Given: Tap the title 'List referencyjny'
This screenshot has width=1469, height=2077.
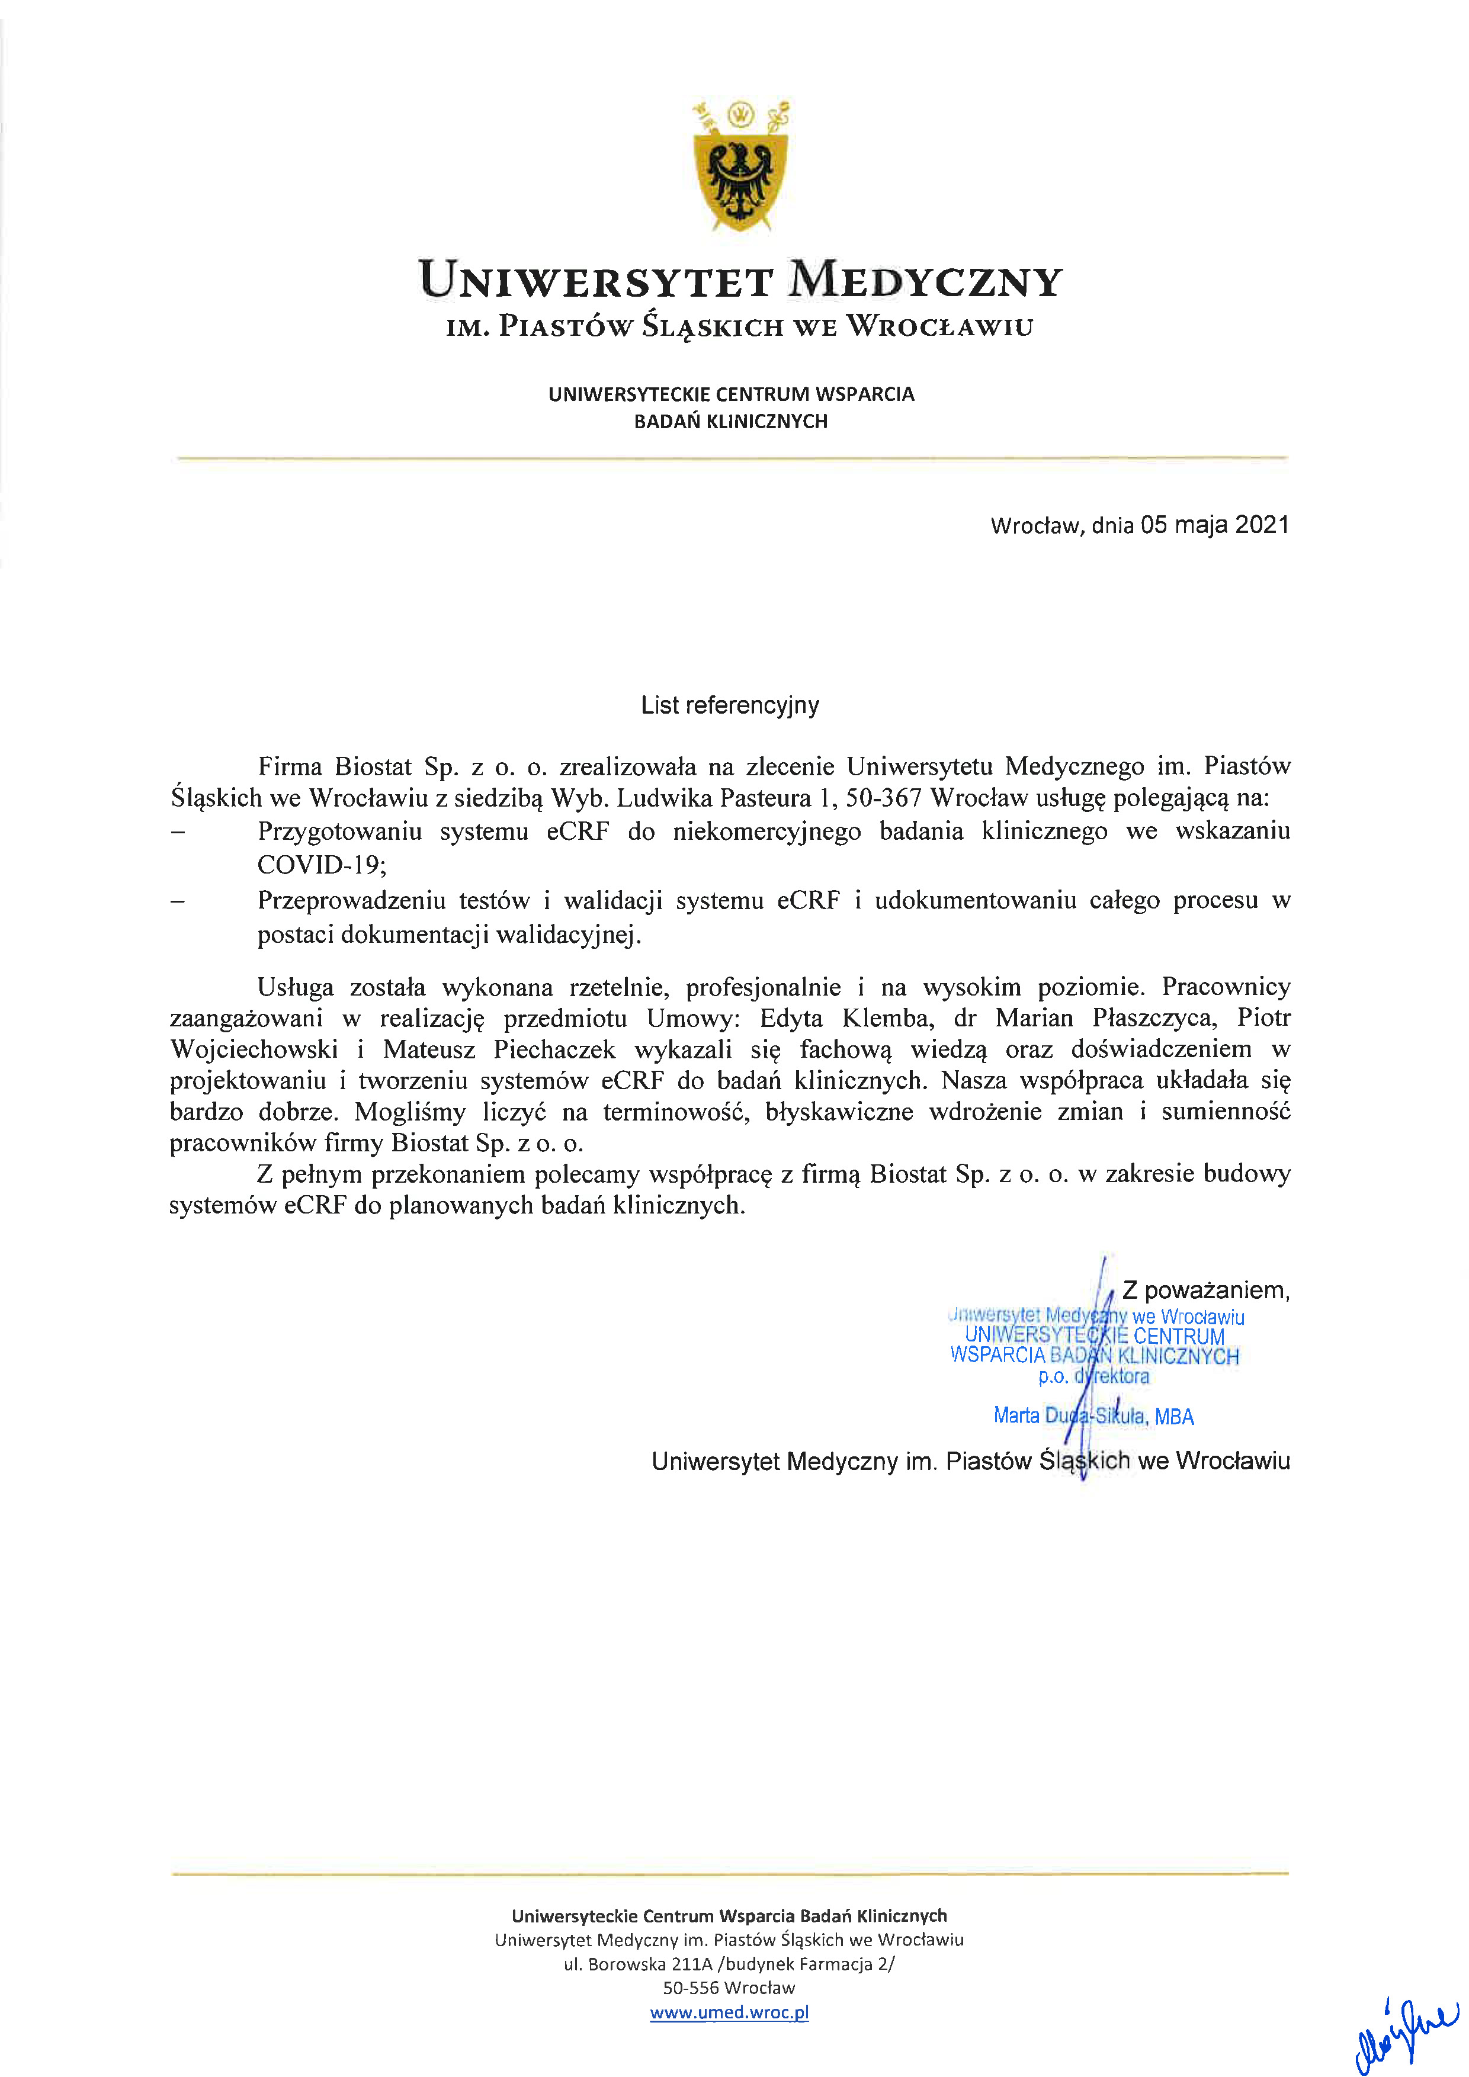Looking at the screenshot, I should point(729,705).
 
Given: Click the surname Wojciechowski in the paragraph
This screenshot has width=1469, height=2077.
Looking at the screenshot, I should point(254,1050).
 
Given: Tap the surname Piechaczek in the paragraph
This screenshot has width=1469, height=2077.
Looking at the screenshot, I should point(554,1050).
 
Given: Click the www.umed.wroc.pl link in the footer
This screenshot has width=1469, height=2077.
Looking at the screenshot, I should point(729,2012).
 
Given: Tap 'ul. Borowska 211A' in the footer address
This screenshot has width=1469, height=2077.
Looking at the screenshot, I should point(638,1964).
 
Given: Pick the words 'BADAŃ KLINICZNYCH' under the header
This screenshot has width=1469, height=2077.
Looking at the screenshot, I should point(731,422).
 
